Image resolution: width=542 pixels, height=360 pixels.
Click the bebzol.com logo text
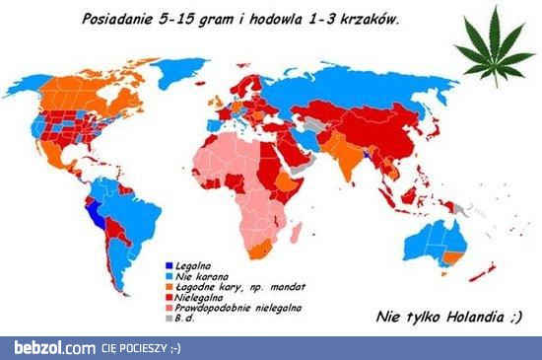(49, 348)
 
